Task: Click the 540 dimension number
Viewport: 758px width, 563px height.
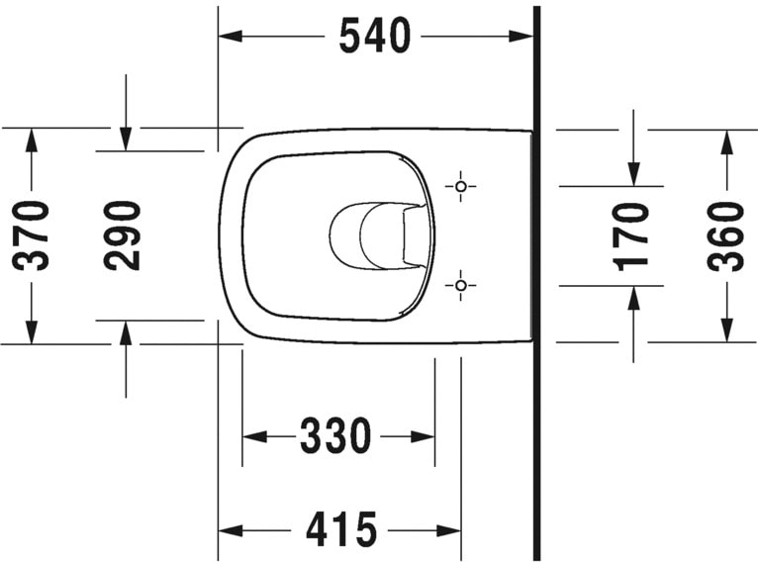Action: coord(374,37)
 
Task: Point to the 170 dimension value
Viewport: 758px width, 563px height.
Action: coord(632,235)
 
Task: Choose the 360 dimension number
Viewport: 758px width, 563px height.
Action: coord(727,235)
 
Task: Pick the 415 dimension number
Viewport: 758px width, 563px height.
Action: coord(341,531)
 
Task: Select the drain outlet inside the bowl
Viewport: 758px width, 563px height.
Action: coord(381,235)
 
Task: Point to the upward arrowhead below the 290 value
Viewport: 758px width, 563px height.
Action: coord(125,332)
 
